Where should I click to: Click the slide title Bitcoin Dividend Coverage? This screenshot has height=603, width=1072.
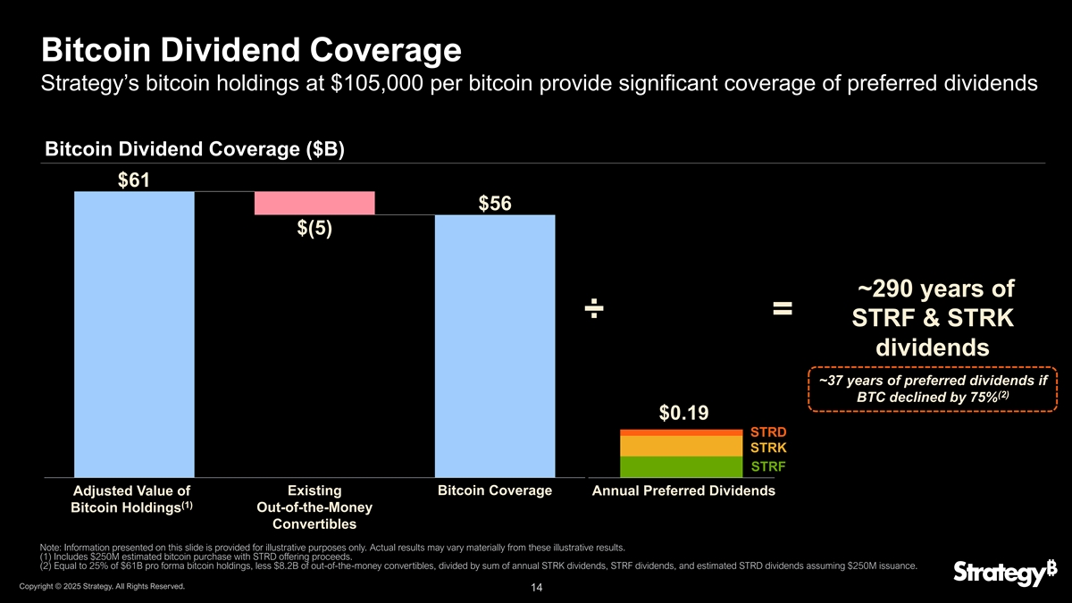pos(251,49)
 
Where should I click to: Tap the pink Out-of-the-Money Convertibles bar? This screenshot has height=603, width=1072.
pos(314,204)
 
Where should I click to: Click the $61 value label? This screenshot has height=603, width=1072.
pos(134,180)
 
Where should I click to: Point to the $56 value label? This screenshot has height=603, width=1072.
pos(494,204)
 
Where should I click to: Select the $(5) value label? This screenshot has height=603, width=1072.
pos(314,229)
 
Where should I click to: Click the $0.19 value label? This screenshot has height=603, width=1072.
pos(683,413)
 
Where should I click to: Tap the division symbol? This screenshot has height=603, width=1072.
pos(595,310)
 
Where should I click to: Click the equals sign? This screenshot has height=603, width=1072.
pos(783,309)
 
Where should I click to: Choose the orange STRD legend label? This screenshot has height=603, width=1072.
pos(767,432)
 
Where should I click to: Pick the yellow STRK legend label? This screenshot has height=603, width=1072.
pos(767,447)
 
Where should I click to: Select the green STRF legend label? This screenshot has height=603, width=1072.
pos(767,466)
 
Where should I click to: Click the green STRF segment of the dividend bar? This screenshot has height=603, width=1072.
pos(681,467)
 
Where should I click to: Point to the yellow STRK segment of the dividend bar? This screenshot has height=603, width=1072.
pos(681,445)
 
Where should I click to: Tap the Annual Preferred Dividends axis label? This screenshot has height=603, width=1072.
pos(683,491)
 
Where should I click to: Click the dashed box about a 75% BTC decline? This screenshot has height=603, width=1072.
pos(932,389)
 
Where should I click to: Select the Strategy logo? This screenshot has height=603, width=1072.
pos(998,572)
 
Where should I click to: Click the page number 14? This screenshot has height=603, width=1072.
pos(537,588)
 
